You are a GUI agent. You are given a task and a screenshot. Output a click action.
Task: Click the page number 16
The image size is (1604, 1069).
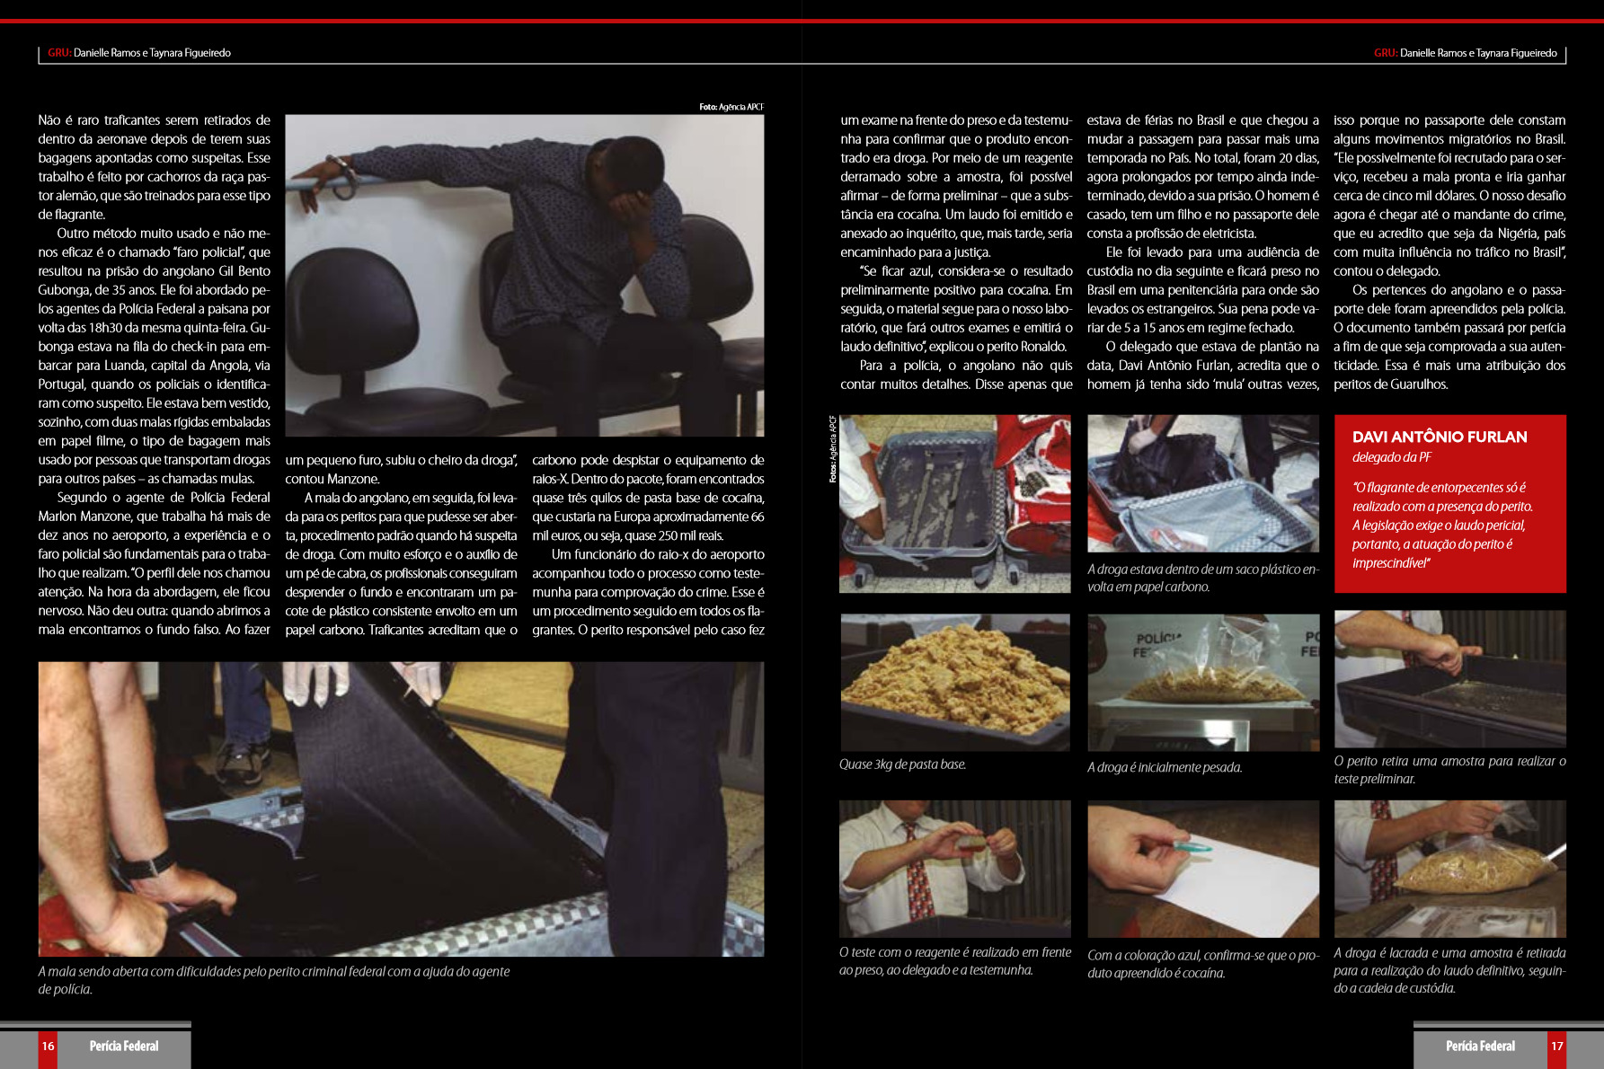tap(48, 1046)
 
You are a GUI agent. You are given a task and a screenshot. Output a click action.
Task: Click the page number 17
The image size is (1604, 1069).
tap(1557, 1046)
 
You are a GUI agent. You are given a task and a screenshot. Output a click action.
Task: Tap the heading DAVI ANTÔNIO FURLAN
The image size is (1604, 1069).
tap(1440, 437)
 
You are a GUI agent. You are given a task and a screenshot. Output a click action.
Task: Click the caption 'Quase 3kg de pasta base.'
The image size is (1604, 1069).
tap(902, 764)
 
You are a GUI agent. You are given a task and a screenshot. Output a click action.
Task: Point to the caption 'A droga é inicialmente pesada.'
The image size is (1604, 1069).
tap(1165, 767)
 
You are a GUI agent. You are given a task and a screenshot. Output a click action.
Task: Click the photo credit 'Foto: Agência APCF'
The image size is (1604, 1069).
tap(731, 107)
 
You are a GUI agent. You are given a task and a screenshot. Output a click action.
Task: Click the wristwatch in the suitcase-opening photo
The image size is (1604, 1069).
tap(146, 865)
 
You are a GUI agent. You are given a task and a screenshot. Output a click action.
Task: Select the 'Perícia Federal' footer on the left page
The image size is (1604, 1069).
tap(124, 1046)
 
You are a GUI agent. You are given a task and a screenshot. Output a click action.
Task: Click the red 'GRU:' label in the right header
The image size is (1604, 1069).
tap(1385, 53)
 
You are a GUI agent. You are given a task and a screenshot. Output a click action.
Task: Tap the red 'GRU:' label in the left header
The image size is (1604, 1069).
tap(59, 53)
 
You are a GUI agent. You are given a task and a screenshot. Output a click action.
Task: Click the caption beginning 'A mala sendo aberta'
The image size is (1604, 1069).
tap(274, 980)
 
